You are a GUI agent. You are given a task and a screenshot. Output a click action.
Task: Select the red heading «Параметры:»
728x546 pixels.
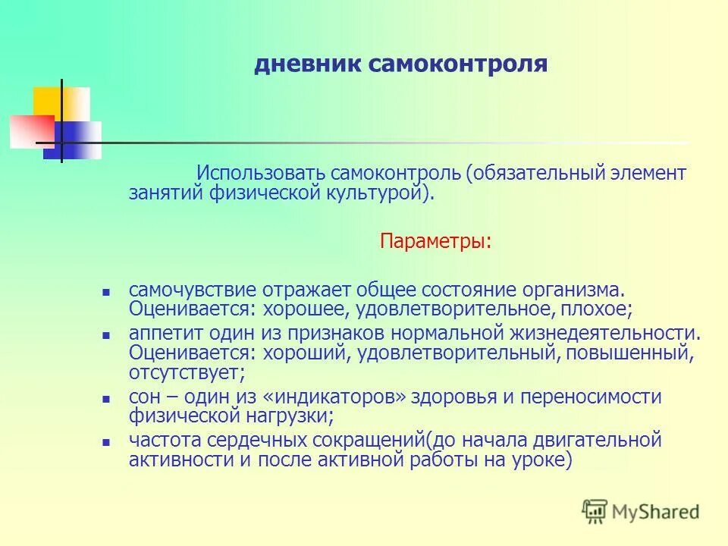tap(435, 242)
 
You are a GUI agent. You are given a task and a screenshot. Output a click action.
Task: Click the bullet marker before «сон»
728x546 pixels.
tap(107, 398)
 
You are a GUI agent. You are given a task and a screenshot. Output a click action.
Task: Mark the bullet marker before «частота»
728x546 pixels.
tap(107, 441)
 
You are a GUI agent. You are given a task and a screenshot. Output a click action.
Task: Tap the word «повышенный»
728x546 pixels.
tap(638, 353)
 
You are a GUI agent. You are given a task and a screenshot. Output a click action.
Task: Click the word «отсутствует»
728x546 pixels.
tap(186, 372)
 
